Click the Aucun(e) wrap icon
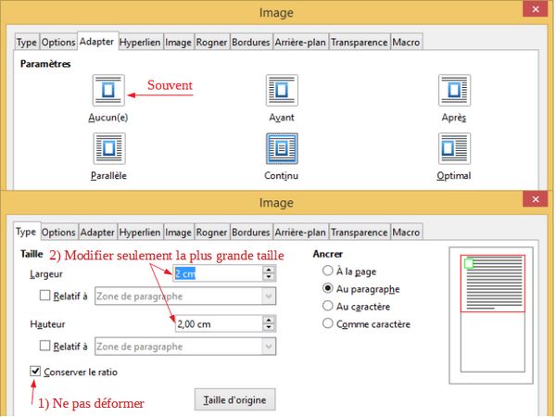point(108,90)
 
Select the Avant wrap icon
point(282,90)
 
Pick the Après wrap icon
point(454,90)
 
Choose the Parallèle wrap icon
point(108,148)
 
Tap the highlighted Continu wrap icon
point(282,148)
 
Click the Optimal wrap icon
point(454,148)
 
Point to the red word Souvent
point(170,85)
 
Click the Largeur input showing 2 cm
point(218,273)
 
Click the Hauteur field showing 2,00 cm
point(218,323)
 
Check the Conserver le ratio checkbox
point(35,372)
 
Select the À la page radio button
point(328,271)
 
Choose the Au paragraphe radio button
point(328,288)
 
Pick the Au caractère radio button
point(328,306)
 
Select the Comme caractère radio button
point(328,323)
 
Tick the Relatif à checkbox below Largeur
point(45,296)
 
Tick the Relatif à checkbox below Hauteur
point(45,346)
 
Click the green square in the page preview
point(469,263)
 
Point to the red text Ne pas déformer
point(98,403)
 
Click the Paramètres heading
point(45,64)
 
